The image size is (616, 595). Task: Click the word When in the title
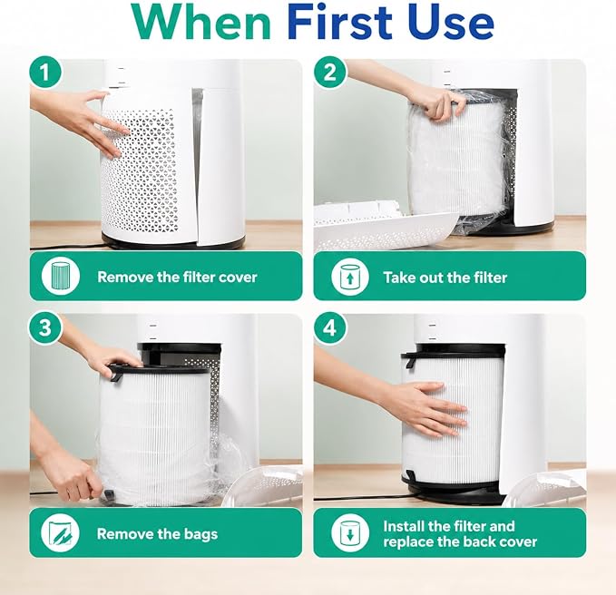point(201,22)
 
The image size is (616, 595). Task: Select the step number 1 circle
point(45,73)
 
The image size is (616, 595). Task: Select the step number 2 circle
point(329,73)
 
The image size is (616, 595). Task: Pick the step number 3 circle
point(45,327)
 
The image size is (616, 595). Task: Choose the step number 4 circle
point(329,327)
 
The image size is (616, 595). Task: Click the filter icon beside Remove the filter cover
point(61,277)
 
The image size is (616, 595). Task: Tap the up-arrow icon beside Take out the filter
point(349,277)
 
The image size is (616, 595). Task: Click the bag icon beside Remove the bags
point(60,533)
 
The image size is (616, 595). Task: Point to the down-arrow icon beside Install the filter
point(349,533)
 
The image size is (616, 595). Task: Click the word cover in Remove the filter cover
point(238,278)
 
